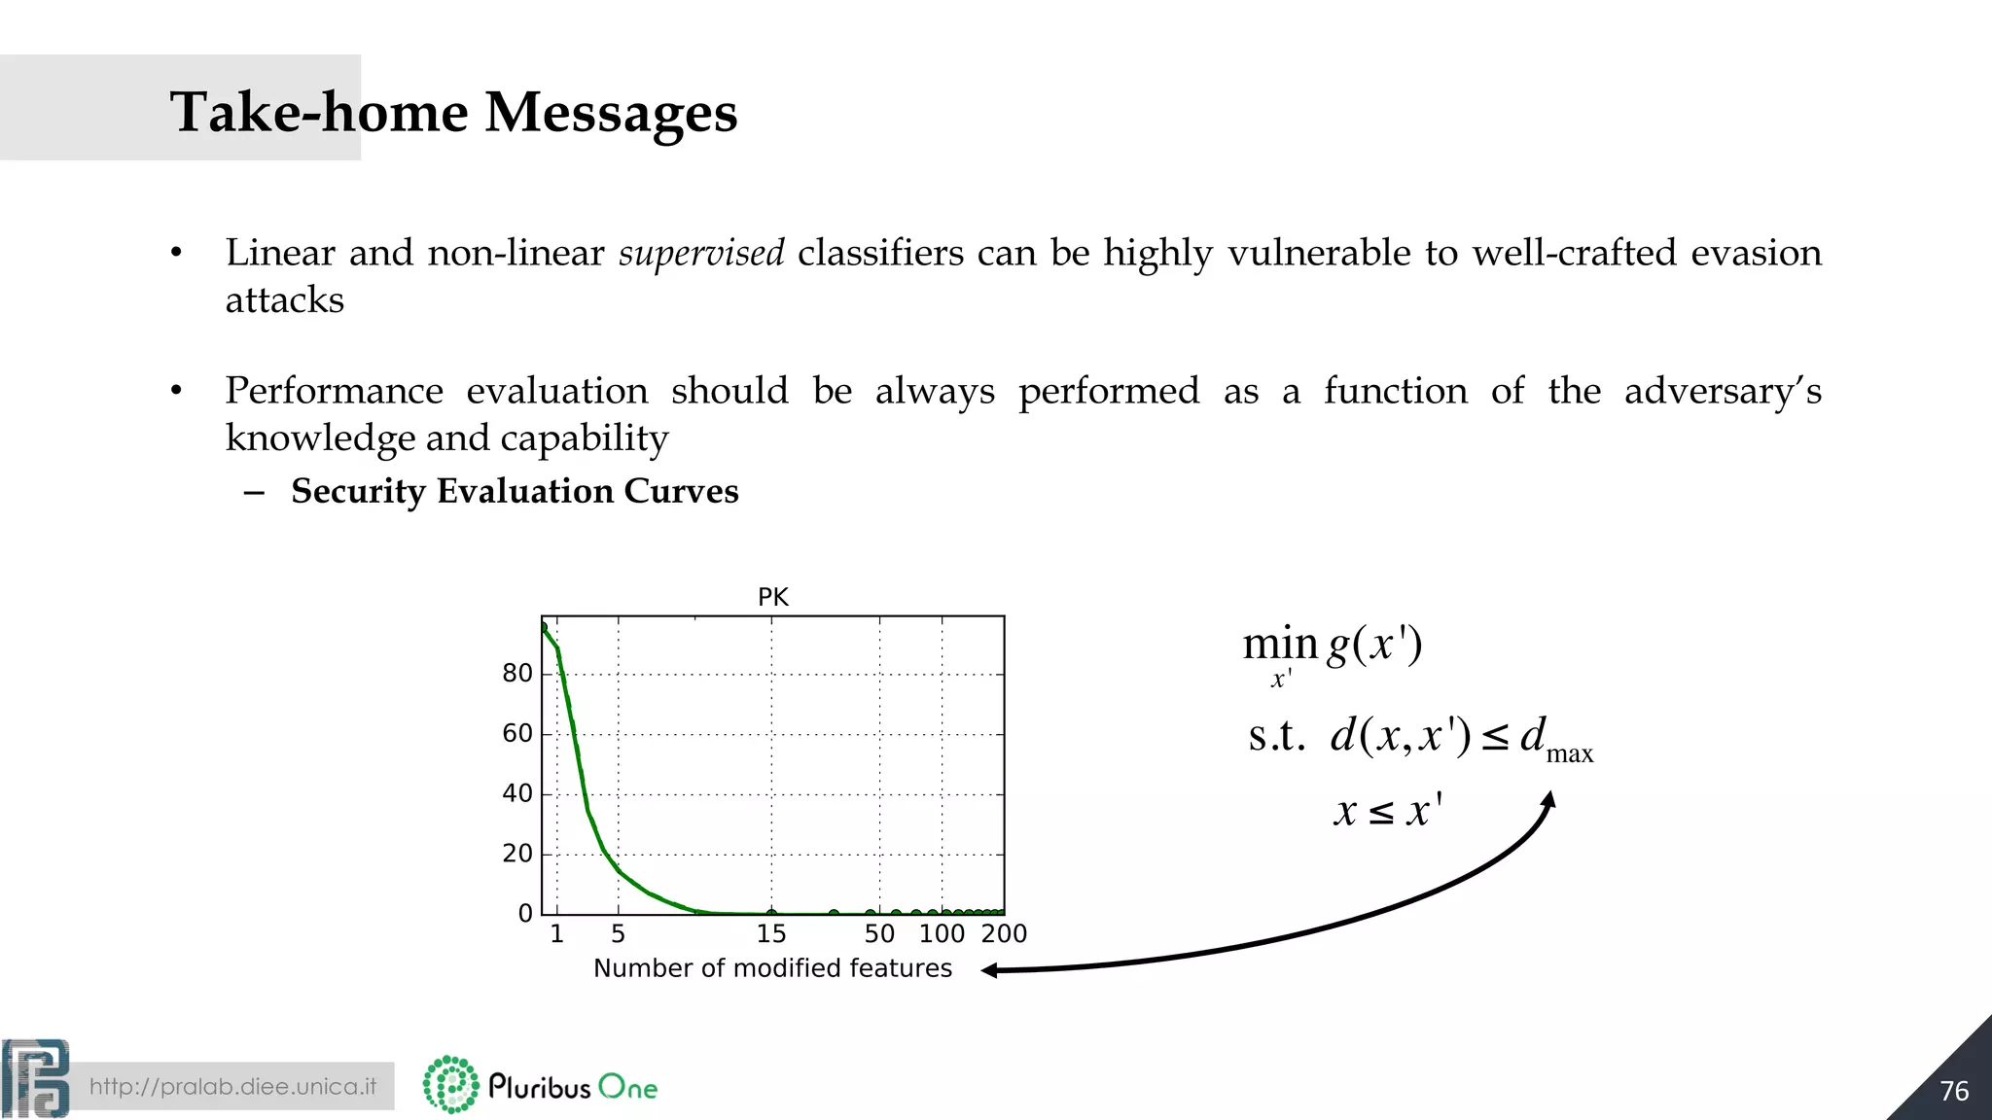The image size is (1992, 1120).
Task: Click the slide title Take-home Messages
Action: click(453, 112)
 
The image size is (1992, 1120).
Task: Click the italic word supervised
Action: click(701, 253)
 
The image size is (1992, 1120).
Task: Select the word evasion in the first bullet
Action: click(1756, 253)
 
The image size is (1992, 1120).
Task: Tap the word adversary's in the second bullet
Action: click(1723, 391)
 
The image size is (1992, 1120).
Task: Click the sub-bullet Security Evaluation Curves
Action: click(515, 491)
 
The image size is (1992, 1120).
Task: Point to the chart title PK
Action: click(772, 597)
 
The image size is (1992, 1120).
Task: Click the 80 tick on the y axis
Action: click(517, 673)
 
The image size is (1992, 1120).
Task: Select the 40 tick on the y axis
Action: click(517, 793)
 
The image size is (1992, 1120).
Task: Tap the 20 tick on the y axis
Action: click(517, 854)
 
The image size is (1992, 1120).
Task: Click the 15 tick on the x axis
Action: click(771, 934)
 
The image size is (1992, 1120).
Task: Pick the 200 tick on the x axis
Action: click(1004, 934)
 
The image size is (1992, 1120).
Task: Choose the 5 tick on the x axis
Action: click(618, 934)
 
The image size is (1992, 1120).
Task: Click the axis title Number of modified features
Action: click(772, 968)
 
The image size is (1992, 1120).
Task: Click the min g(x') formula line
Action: click(1333, 646)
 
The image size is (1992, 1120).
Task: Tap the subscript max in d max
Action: click(1569, 754)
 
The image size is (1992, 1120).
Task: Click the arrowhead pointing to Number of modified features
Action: click(990, 970)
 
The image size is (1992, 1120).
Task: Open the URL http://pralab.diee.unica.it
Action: click(232, 1086)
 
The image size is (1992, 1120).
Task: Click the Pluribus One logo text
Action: click(573, 1086)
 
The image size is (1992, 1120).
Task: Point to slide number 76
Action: click(1953, 1091)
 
